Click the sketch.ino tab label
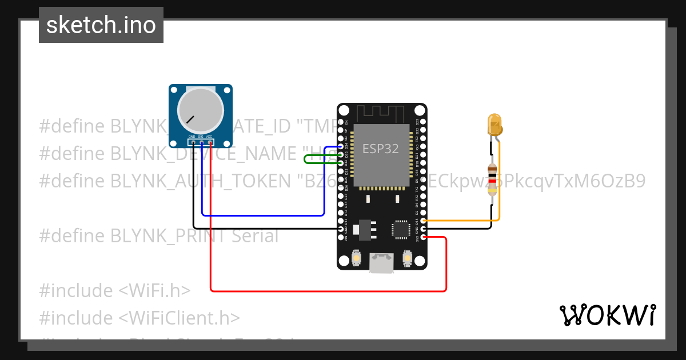click(x=101, y=25)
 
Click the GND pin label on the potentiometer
click(x=192, y=137)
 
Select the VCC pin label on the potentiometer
click(x=209, y=137)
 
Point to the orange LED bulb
click(x=494, y=124)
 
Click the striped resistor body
click(x=492, y=179)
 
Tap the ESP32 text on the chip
click(x=380, y=149)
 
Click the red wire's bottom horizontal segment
click(x=329, y=291)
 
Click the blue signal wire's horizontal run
click(x=263, y=215)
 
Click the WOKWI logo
click(x=607, y=315)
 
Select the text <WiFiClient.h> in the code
click(x=180, y=318)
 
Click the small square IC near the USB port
click(x=400, y=229)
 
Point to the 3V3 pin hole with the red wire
click(x=424, y=237)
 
